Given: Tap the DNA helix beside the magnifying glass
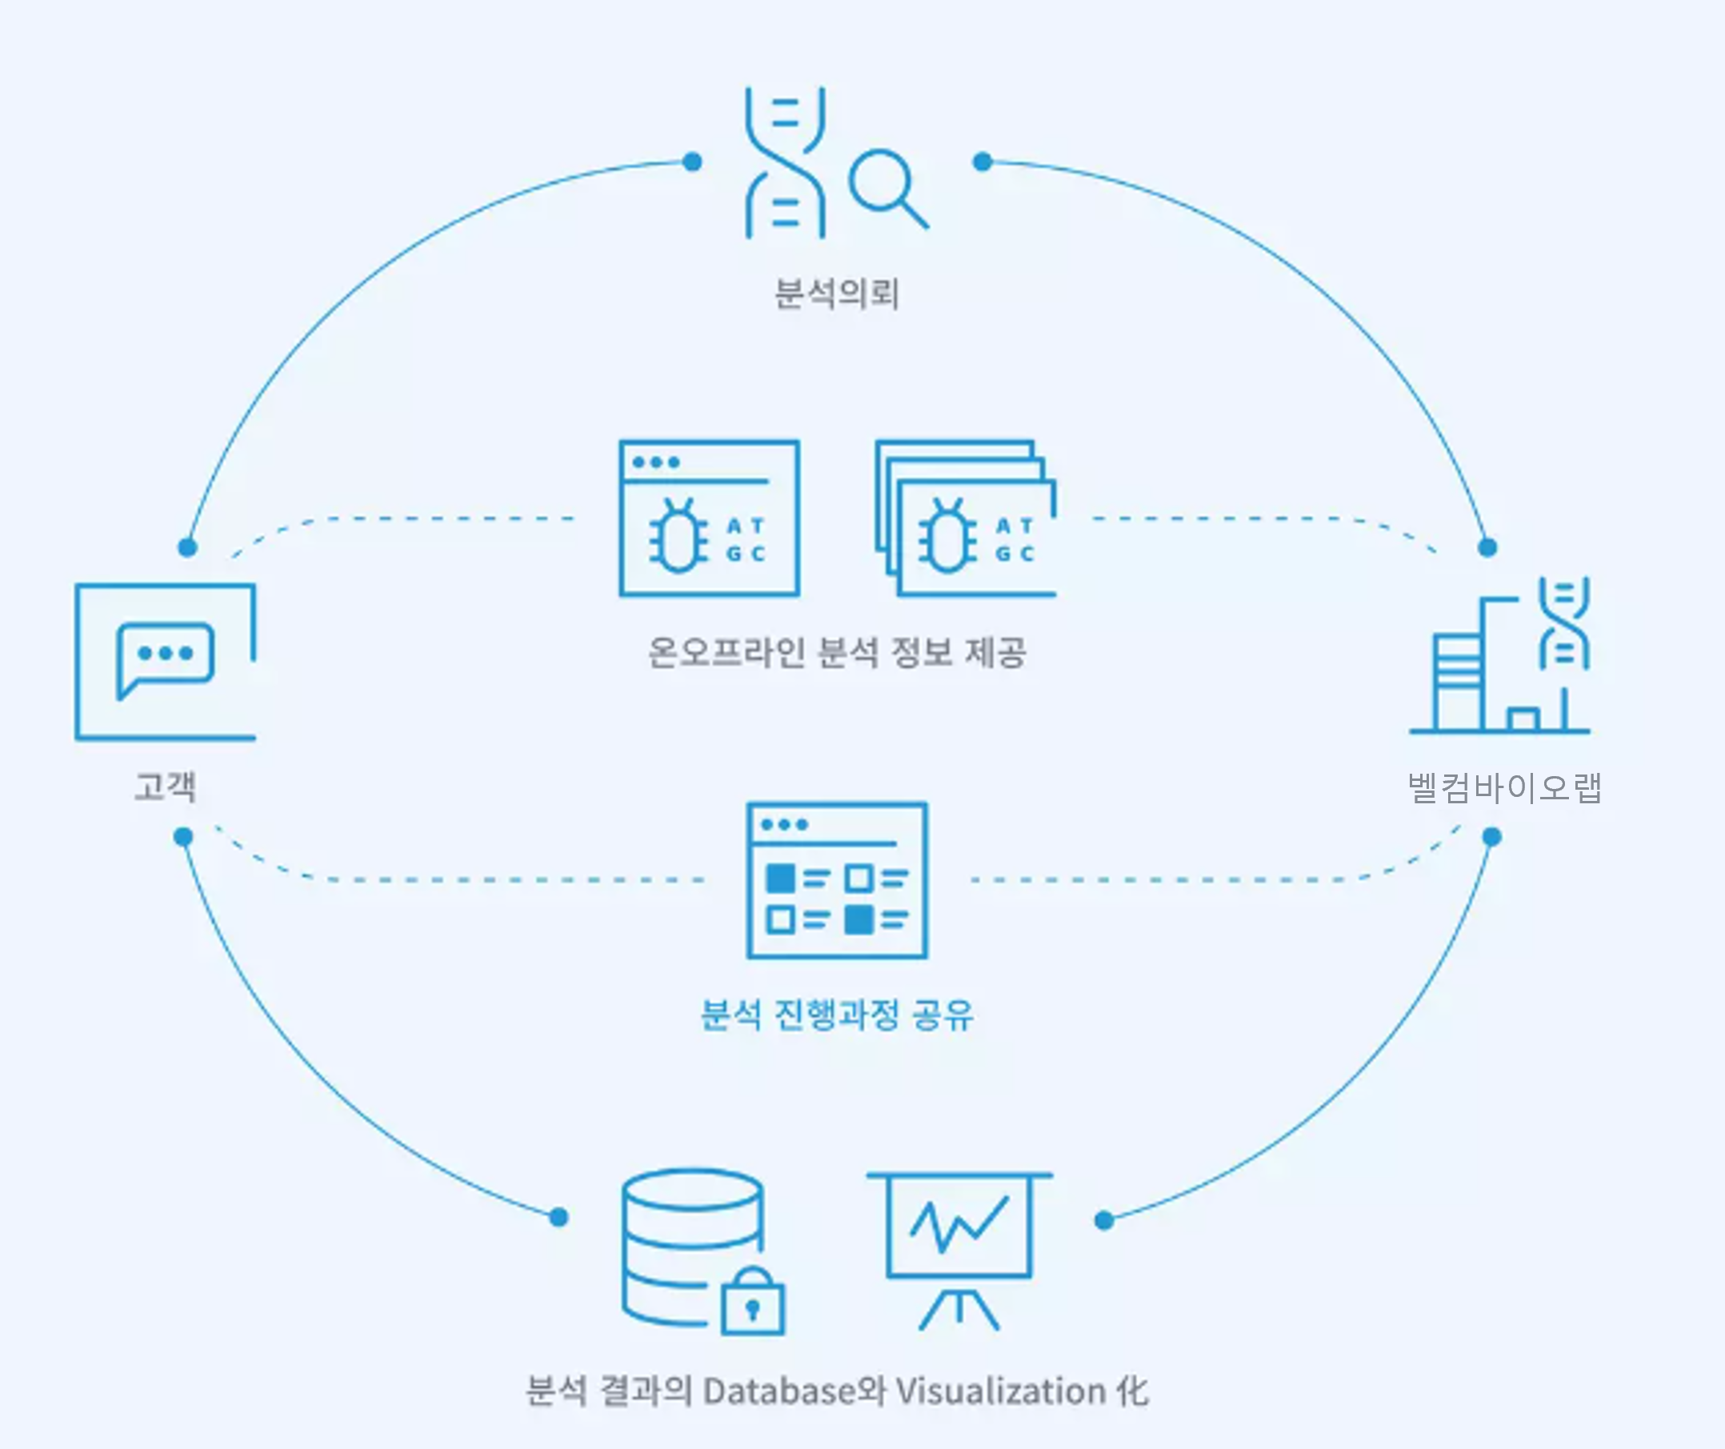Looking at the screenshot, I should (x=784, y=162).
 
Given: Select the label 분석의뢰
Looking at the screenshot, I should (x=836, y=294).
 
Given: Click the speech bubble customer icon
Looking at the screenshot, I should (x=165, y=661).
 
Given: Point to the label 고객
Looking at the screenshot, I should (x=165, y=786).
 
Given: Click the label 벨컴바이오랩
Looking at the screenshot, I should (x=1504, y=788).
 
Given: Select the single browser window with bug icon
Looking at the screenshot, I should (x=709, y=518).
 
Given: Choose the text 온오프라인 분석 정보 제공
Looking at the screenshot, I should (x=836, y=653).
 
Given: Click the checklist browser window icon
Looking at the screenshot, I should (x=836, y=880).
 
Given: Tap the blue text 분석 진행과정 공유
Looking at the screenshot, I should (x=836, y=1015).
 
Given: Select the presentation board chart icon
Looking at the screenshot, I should (x=959, y=1248).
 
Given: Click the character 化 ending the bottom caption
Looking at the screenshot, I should (x=1131, y=1391).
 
